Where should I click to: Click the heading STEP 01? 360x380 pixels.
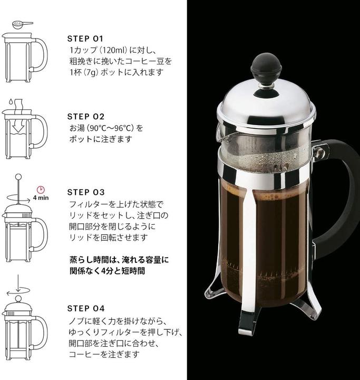pos(86,39)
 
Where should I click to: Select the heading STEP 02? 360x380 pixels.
pos(86,116)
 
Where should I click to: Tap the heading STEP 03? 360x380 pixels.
pos(86,192)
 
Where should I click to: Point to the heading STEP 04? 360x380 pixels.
pos(86,308)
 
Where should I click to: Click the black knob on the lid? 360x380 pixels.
pos(263,68)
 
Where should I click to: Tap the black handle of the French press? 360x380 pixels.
pos(337,195)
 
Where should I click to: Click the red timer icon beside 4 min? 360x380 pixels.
pos(40,189)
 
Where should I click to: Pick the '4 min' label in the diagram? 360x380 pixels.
pos(41,199)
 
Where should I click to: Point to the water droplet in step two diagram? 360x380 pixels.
pos(10,100)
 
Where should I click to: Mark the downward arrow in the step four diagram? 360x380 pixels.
pos(20,282)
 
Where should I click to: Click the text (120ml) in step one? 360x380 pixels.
pos(110,50)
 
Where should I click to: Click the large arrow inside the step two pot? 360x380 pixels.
pos(20,127)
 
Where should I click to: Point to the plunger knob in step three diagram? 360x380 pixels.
pos(20,176)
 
